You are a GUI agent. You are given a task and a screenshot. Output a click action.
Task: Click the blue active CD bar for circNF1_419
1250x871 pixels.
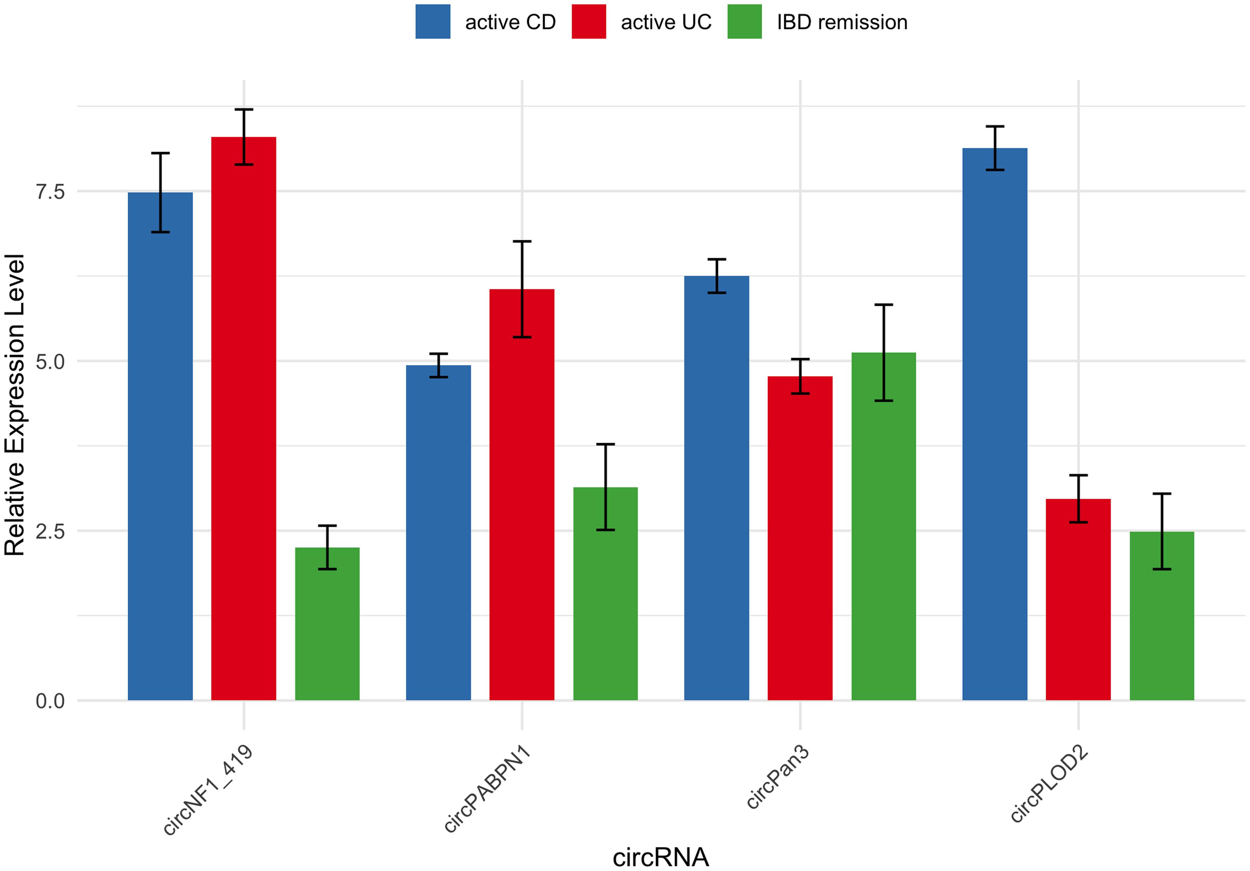click(160, 447)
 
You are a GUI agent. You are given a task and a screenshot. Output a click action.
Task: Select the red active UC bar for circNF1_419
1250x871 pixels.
click(243, 419)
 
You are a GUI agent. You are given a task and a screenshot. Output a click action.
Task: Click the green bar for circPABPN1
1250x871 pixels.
click(605, 594)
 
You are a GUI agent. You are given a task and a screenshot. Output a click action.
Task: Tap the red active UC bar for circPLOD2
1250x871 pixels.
click(1078, 599)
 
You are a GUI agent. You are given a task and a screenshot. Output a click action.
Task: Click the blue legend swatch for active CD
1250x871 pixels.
click(433, 22)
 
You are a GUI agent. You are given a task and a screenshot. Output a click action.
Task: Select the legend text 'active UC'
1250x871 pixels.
click(666, 22)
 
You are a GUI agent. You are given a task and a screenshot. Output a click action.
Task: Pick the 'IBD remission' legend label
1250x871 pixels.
click(842, 22)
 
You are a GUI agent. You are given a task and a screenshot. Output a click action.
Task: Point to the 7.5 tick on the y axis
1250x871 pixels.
click(50, 192)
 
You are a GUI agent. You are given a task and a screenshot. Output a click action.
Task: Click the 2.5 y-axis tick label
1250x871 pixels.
click(50, 531)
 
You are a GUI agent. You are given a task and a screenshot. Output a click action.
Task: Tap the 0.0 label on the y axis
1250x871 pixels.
click(50, 701)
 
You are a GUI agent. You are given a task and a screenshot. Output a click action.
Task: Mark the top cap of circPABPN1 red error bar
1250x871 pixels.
click(521, 241)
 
